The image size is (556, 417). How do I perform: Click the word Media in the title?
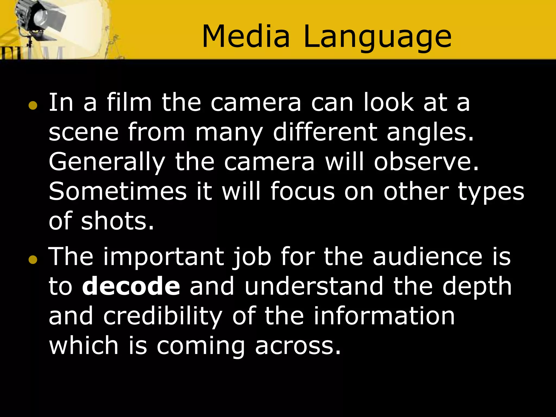(246, 37)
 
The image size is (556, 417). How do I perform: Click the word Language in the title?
(377, 38)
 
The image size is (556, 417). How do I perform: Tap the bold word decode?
(131, 286)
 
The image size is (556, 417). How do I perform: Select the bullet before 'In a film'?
(33, 106)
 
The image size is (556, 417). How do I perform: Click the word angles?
(430, 133)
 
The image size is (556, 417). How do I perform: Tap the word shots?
(117, 221)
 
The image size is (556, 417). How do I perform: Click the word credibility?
(163, 317)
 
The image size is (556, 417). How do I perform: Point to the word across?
(298, 346)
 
